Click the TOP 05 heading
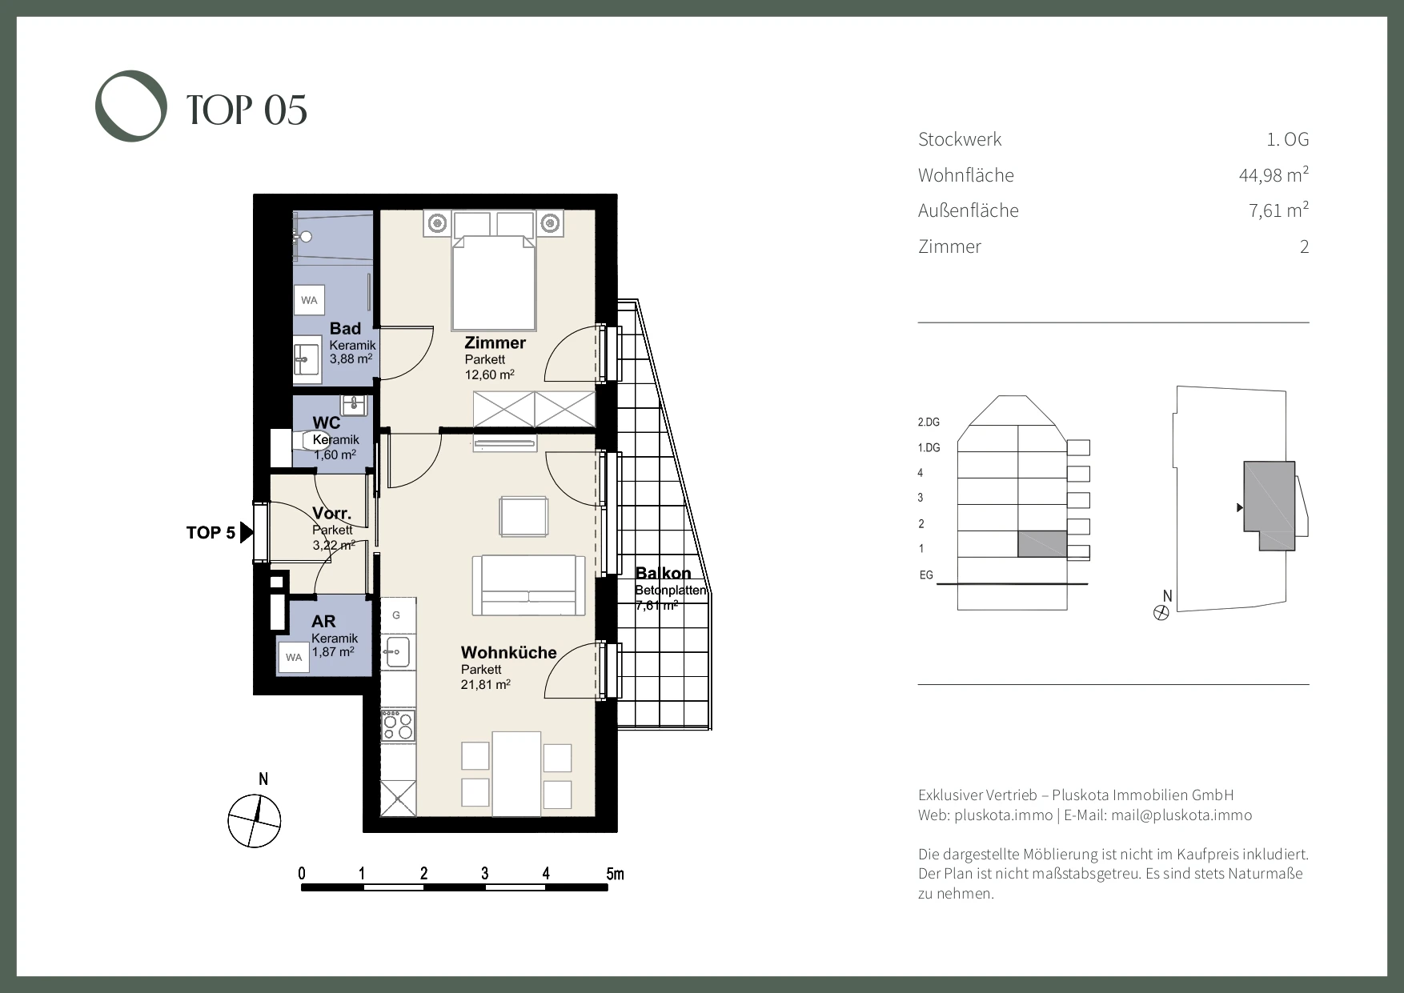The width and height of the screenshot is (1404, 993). [x=247, y=110]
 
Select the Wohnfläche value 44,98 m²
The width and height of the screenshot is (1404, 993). [x=1274, y=174]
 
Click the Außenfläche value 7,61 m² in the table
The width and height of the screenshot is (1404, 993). [x=1279, y=210]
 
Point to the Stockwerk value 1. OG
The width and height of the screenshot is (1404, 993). [x=1288, y=139]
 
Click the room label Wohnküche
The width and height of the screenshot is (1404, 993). [x=508, y=652]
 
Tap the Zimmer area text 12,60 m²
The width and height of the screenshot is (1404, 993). [x=489, y=374]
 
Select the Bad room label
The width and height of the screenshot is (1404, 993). [x=345, y=328]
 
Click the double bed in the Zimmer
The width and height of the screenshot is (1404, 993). [x=494, y=271]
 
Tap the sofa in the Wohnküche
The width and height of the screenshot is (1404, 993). [x=528, y=585]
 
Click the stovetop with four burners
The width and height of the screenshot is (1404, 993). [x=398, y=724]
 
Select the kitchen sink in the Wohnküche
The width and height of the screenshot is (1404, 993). [x=396, y=651]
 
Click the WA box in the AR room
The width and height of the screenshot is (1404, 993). [x=294, y=658]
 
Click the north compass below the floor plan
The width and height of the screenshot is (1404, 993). [x=255, y=821]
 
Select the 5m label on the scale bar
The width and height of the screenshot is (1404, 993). [x=615, y=873]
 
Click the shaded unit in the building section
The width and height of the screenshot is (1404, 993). [x=1042, y=544]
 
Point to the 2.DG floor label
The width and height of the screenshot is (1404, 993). [x=929, y=422]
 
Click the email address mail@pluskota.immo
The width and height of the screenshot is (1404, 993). [x=1181, y=815]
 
